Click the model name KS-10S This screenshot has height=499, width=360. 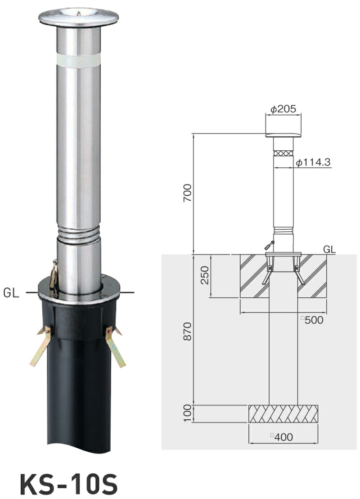click(x=68, y=484)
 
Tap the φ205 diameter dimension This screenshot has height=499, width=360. click(x=283, y=109)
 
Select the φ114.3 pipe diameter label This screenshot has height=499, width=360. click(x=313, y=162)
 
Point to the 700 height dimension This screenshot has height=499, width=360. click(x=188, y=193)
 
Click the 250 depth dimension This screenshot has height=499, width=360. click(x=205, y=275)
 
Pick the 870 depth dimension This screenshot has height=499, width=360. click(x=188, y=331)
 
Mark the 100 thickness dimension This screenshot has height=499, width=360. click(x=188, y=413)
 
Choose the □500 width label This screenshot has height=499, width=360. click(x=312, y=320)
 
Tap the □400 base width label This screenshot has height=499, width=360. click(x=282, y=437)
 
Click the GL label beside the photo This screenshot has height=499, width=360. click(x=11, y=292)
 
